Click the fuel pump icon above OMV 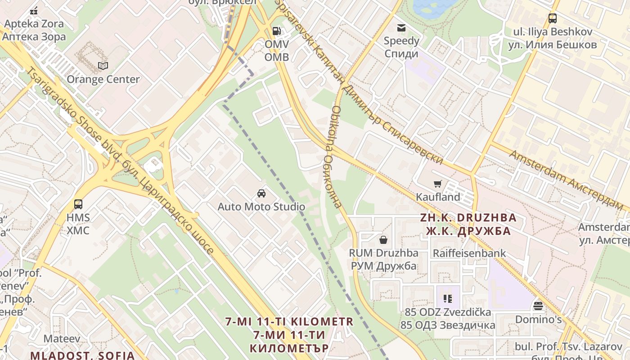(276, 31)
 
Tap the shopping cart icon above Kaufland (437, 184)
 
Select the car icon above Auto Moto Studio (261, 193)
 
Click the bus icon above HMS (78, 204)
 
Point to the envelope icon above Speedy (401, 28)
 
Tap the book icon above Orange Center (103, 66)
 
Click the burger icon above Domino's (538, 306)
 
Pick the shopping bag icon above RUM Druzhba (383, 239)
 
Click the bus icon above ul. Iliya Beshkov (553, 18)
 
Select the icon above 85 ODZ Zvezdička (447, 298)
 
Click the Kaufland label (438, 197)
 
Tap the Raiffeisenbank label (469, 253)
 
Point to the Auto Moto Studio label (261, 207)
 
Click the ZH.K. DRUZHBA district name (468, 218)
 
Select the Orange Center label (103, 79)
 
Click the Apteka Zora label (34, 23)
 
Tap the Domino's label (539, 319)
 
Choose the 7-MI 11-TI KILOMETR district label (290, 322)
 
